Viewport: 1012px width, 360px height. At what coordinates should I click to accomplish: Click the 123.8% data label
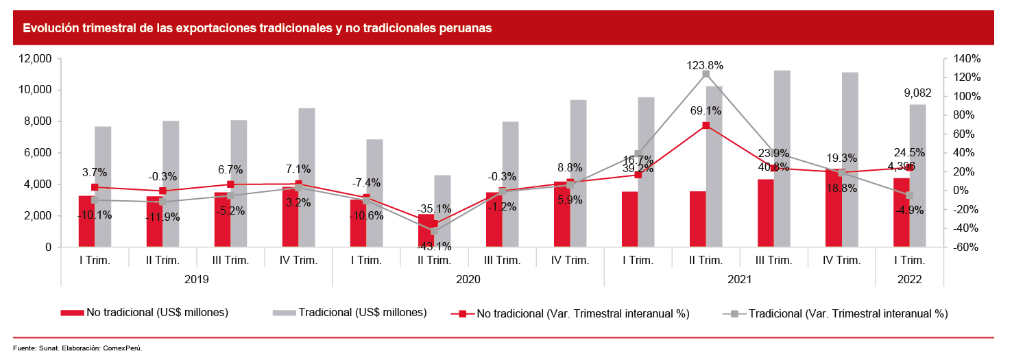(705, 65)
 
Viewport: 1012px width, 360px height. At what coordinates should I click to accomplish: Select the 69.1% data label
(705, 110)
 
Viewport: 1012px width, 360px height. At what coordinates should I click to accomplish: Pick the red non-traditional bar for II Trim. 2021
(697, 219)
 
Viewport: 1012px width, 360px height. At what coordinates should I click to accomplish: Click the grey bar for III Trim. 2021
(782, 158)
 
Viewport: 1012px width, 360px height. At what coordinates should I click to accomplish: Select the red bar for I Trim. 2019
(86, 221)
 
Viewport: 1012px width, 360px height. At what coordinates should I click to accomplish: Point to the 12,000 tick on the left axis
(34, 59)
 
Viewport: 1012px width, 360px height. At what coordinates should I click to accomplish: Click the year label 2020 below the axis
(468, 280)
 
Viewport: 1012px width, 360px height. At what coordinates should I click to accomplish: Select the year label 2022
(909, 280)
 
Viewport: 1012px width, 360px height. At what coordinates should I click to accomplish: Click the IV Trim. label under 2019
(298, 261)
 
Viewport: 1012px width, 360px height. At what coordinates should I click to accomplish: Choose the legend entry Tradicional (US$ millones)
(363, 313)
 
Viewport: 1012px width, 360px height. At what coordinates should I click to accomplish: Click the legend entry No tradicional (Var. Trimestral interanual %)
(582, 313)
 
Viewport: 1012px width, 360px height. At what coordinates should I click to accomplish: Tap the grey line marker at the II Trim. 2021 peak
(706, 74)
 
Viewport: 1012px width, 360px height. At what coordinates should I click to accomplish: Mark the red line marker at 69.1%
(706, 125)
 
